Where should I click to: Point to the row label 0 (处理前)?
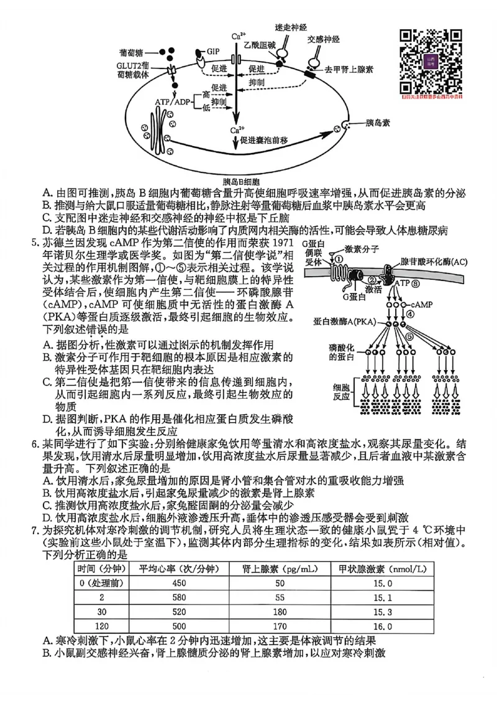[101, 583]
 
